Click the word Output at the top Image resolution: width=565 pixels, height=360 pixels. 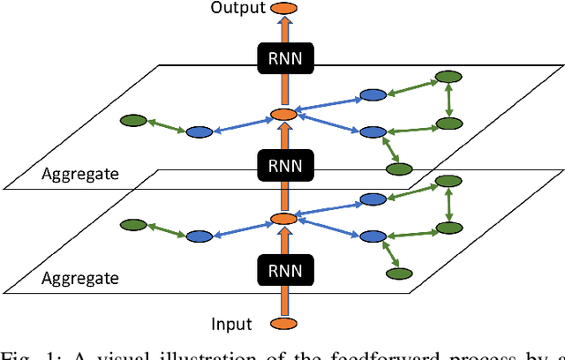(x=238, y=9)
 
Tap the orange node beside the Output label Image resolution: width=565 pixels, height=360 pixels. (x=283, y=9)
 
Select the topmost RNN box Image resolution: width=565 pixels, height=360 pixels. (x=282, y=58)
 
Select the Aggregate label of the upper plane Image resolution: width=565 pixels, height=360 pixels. (x=79, y=174)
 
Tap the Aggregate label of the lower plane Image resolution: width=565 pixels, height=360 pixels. (x=79, y=277)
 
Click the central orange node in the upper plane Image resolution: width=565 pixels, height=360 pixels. (x=282, y=115)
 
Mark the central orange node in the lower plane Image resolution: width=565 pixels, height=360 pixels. (x=282, y=219)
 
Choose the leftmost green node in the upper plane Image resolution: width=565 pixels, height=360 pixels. (x=132, y=120)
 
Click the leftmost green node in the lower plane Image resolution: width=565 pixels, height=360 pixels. (x=132, y=224)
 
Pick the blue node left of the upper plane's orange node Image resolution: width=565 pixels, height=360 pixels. (x=200, y=131)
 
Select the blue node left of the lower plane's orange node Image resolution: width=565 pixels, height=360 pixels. (x=200, y=236)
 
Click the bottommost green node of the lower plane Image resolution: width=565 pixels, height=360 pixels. (x=402, y=273)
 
